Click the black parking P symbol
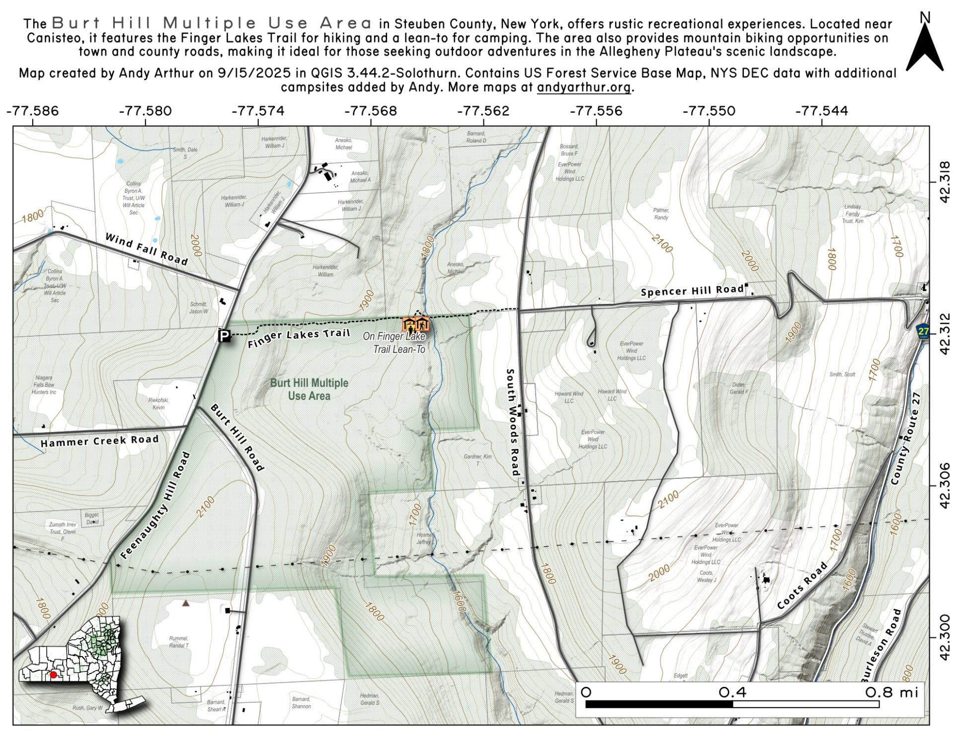[x=224, y=336]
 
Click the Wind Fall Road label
[x=147, y=249]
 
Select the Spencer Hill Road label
[x=692, y=291]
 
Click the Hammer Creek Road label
[x=99, y=441]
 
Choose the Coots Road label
[x=802, y=586]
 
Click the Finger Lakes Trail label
[x=299, y=338]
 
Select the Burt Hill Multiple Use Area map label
[x=309, y=389]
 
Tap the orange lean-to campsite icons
[x=415, y=325]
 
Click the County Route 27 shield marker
[x=923, y=331]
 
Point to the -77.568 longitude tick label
[x=370, y=111]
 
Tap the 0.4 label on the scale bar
[x=732, y=692]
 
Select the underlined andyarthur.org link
[x=583, y=87]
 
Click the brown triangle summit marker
[x=185, y=603]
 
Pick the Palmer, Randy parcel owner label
[x=661, y=214]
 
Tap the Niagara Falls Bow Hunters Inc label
[x=44, y=385]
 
